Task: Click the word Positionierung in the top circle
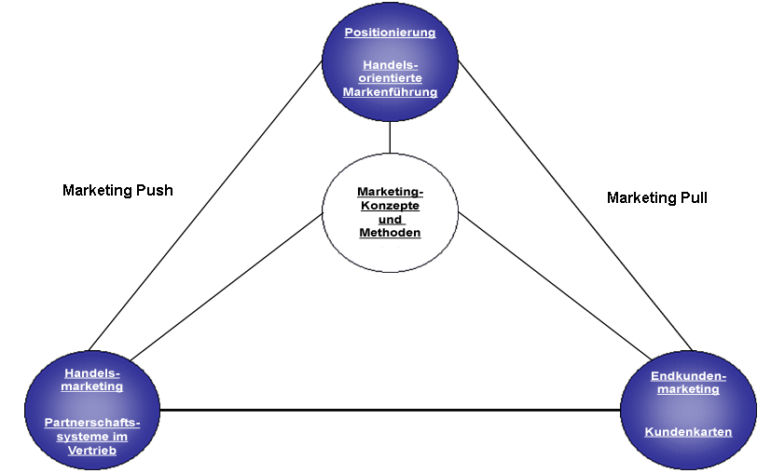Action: (390, 33)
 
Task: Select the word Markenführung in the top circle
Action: (390, 92)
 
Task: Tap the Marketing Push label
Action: (117, 190)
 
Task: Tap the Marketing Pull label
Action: (657, 197)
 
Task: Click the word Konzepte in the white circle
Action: (390, 206)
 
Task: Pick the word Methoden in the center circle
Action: (390, 233)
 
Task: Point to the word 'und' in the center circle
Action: (391, 220)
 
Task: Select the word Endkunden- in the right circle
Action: (688, 375)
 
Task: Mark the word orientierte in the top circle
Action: (391, 79)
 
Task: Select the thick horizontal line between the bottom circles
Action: (392, 410)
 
